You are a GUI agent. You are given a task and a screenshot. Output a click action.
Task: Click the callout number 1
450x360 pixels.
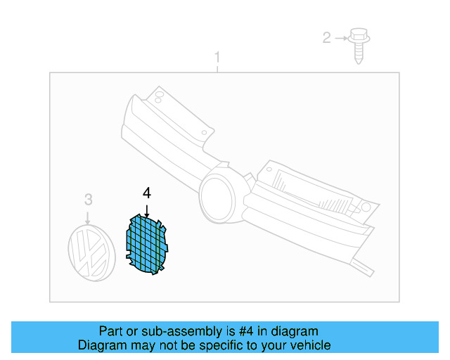[x=217, y=56]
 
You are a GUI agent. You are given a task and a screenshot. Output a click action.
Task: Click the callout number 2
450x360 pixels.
[x=327, y=37]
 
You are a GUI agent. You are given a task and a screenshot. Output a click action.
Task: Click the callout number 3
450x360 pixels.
[x=88, y=199]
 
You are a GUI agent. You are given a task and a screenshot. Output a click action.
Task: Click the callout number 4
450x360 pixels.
[x=146, y=193]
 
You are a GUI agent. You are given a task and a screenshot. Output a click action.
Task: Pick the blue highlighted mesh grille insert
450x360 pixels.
[x=148, y=245]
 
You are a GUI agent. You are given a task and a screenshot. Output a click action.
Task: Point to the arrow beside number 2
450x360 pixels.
[x=341, y=37]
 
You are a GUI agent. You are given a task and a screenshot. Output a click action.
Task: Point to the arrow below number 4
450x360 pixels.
[x=146, y=208]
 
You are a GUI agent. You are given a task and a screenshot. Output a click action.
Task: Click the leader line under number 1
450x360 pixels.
[x=217, y=67]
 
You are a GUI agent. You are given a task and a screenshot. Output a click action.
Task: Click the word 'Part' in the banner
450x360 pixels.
[x=111, y=331]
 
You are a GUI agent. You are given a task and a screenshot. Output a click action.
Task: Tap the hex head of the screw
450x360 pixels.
[x=359, y=34]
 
